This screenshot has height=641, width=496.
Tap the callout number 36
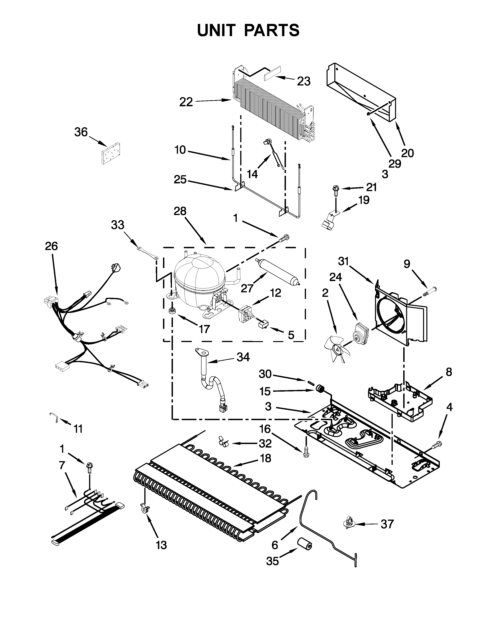tap(81, 132)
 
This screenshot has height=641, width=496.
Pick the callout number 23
tap(304, 81)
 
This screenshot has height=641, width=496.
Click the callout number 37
tap(387, 524)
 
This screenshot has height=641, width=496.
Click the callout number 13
tap(161, 545)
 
